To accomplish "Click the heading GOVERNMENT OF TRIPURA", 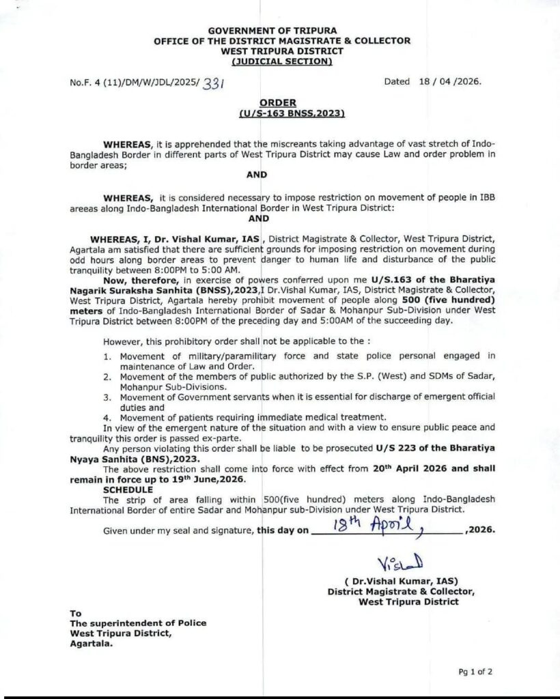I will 281,31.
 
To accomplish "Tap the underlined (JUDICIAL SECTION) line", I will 281,61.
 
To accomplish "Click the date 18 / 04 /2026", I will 450,81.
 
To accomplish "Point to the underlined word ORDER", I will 282,102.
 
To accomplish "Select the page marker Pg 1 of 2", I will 475,672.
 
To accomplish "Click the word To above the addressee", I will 75,613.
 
